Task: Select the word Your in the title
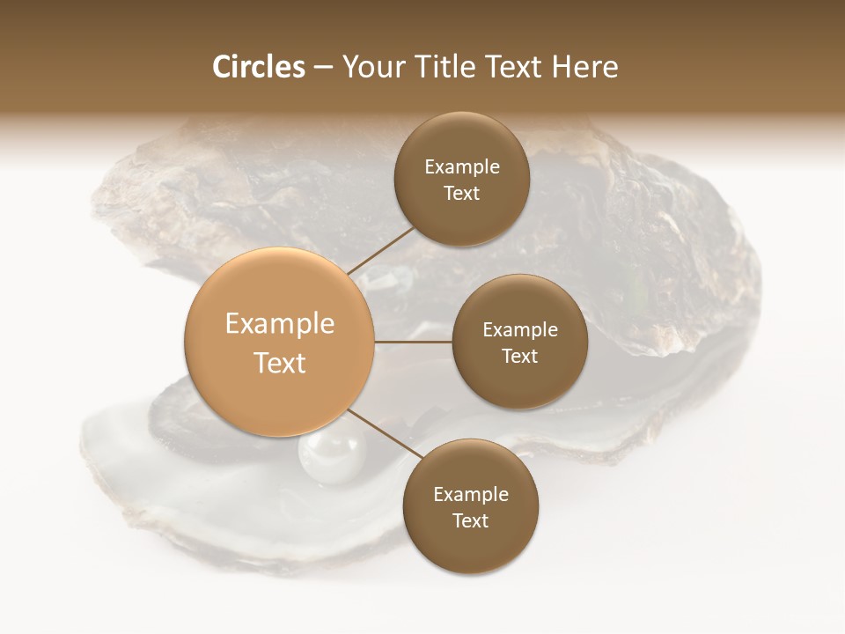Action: [x=375, y=67]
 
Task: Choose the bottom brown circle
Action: [x=470, y=546]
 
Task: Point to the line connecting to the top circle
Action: [x=380, y=249]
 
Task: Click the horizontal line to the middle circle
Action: [x=414, y=341]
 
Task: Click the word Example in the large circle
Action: [x=280, y=324]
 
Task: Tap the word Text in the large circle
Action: [x=280, y=363]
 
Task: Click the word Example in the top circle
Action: [x=462, y=166]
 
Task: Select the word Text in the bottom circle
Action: [x=470, y=520]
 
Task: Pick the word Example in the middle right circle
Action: [x=520, y=329]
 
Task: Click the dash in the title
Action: [x=323, y=68]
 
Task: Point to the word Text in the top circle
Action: [x=461, y=193]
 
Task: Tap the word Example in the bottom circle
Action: [x=471, y=494]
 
